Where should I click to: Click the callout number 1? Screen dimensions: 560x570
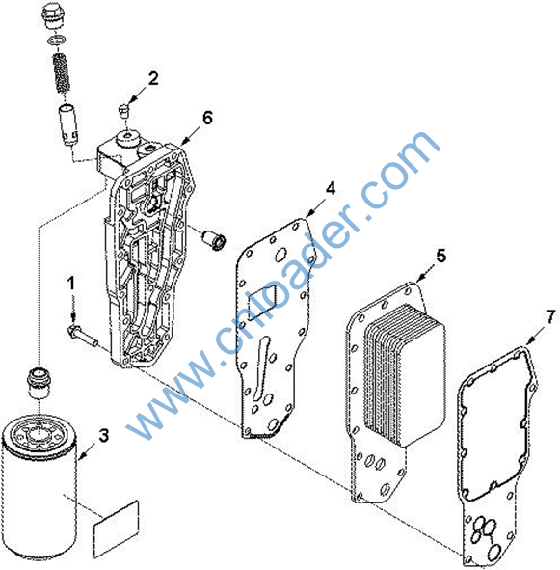click(x=71, y=284)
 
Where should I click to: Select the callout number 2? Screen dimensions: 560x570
click(x=153, y=78)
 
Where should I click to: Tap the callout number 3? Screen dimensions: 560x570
click(x=104, y=435)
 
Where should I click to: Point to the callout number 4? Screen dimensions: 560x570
click(x=331, y=188)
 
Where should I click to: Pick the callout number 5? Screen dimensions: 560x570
click(x=440, y=256)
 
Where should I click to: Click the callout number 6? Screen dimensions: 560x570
click(x=207, y=118)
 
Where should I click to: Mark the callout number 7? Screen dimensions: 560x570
click(x=550, y=317)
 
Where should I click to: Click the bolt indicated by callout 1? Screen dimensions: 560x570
click(x=83, y=336)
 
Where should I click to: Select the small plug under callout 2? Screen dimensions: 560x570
click(x=124, y=110)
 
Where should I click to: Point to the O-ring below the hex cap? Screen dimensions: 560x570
click(x=56, y=40)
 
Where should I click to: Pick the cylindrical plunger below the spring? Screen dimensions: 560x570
click(x=68, y=124)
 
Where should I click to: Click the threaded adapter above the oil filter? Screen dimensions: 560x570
click(x=40, y=383)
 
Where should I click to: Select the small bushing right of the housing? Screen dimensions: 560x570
click(x=214, y=239)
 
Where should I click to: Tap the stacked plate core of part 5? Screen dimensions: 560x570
click(x=405, y=374)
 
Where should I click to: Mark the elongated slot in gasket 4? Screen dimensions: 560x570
click(x=262, y=367)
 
